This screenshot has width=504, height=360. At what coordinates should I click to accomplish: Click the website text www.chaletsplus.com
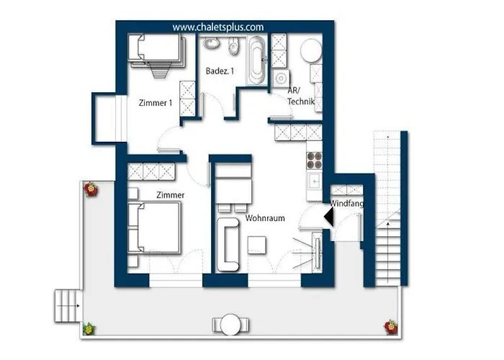tap(218, 27)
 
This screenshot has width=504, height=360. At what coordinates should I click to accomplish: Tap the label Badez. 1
tap(220, 71)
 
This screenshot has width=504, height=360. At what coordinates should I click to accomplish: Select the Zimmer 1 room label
tap(156, 103)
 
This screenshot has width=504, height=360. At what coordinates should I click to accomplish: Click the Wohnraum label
tap(265, 218)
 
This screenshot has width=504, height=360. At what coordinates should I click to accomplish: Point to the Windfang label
tap(346, 204)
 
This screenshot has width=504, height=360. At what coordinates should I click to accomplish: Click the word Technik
tap(301, 102)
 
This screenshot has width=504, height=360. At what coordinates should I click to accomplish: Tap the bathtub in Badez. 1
tap(256, 60)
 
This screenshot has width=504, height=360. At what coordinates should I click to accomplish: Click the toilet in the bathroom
tap(234, 45)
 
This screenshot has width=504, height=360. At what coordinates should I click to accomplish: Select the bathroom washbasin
tap(211, 43)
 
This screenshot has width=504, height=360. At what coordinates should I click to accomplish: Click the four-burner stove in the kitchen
tap(314, 161)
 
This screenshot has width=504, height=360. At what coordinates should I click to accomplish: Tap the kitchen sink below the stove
tap(314, 181)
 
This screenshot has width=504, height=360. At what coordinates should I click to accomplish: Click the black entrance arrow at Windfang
tap(328, 216)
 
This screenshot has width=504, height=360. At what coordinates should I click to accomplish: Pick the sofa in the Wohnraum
tap(228, 244)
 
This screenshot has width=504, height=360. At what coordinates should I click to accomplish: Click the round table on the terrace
tap(230, 324)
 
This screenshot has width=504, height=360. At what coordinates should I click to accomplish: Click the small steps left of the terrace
tap(67, 306)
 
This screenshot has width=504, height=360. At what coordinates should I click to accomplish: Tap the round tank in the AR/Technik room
tap(311, 50)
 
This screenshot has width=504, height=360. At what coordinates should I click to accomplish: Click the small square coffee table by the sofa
tap(257, 246)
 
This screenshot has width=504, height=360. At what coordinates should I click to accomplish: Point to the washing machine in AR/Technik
tap(281, 78)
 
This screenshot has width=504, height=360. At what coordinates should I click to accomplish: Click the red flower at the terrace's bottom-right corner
tap(391, 327)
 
